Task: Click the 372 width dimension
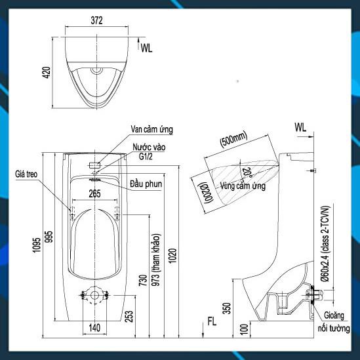(96, 20)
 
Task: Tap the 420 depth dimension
(47, 72)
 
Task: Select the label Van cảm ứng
(151, 129)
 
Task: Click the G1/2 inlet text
(146, 157)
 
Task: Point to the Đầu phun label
(146, 184)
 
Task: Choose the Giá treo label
(26, 174)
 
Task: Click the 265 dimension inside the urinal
(94, 194)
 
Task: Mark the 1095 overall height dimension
(36, 245)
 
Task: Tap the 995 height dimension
(49, 237)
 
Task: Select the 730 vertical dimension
(143, 281)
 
